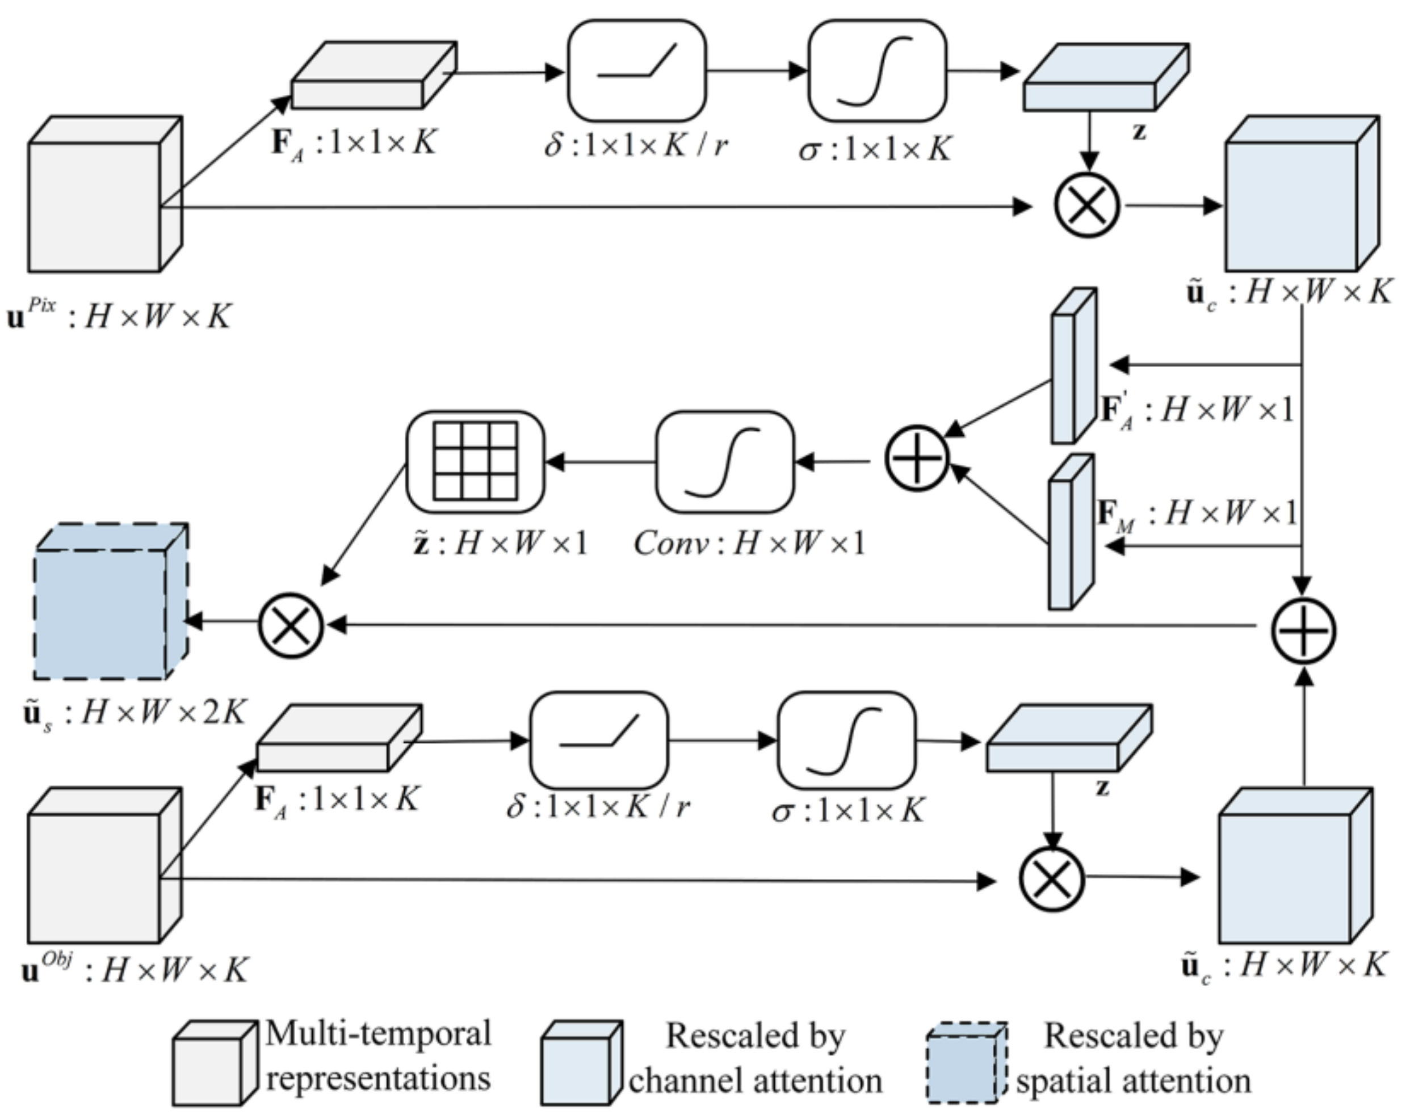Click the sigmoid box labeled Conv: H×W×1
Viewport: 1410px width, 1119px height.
click(x=725, y=461)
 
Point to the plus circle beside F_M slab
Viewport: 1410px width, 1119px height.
click(x=916, y=459)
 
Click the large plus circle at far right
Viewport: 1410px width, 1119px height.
click(x=1303, y=632)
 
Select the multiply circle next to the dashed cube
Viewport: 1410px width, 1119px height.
click(x=291, y=625)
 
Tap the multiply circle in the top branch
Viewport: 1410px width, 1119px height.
click(x=1087, y=206)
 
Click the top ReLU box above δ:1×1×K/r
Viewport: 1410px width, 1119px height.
click(x=636, y=70)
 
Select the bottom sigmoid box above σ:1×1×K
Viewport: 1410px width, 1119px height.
click(x=846, y=741)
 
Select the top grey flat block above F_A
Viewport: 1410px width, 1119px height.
click(x=373, y=77)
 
